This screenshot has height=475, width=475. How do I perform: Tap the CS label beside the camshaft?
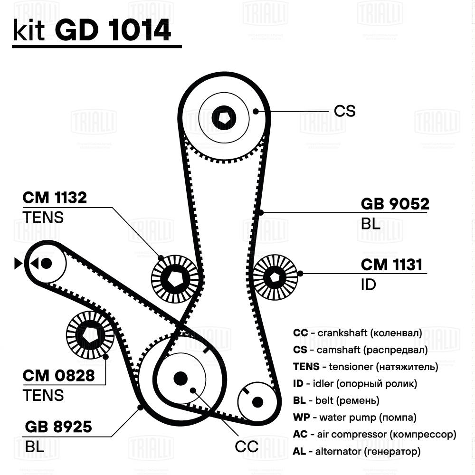coord(344,111)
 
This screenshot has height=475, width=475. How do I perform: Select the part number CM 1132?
coord(55,198)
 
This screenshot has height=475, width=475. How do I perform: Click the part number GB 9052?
coord(395,204)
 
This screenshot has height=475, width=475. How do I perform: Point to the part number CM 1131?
coord(391,265)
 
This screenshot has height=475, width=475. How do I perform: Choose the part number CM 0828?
coord(59,376)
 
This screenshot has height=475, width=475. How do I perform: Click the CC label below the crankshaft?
coord(247,446)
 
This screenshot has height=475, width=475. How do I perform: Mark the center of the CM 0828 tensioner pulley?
coord(89,336)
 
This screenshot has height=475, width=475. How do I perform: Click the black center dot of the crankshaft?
coord(180,378)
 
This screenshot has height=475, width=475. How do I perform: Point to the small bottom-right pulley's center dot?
coord(257,402)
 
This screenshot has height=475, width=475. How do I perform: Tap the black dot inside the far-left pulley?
coord(46,263)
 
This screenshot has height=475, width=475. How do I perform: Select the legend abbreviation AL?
coord(299,451)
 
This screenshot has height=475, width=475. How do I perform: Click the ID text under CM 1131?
coord(368,285)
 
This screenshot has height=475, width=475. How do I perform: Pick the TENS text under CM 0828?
coord(43,395)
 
